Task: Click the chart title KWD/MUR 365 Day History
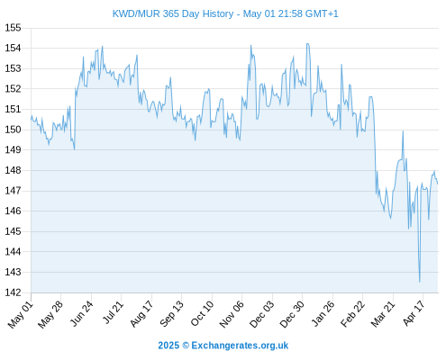pos(173,13)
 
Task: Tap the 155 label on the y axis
pos(14,28)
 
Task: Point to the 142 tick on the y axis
pos(14,292)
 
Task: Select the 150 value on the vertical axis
pos(14,130)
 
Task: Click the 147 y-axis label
pos(14,191)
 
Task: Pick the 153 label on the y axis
pos(14,68)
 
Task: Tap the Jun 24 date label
pos(81,313)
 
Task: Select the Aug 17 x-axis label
pos(141,314)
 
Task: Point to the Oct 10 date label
pos(202,313)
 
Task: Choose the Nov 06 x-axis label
pos(232,314)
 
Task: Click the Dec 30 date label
pos(292,314)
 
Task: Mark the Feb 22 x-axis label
pos(352,314)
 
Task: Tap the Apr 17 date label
pos(414,313)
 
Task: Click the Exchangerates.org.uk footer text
pos(240,346)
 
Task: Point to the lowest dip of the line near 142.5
pos(420,282)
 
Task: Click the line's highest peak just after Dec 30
pos(307,44)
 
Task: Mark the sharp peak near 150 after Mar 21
pos(403,131)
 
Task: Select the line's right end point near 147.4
pos(438,184)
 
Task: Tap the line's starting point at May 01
pos(31,120)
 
